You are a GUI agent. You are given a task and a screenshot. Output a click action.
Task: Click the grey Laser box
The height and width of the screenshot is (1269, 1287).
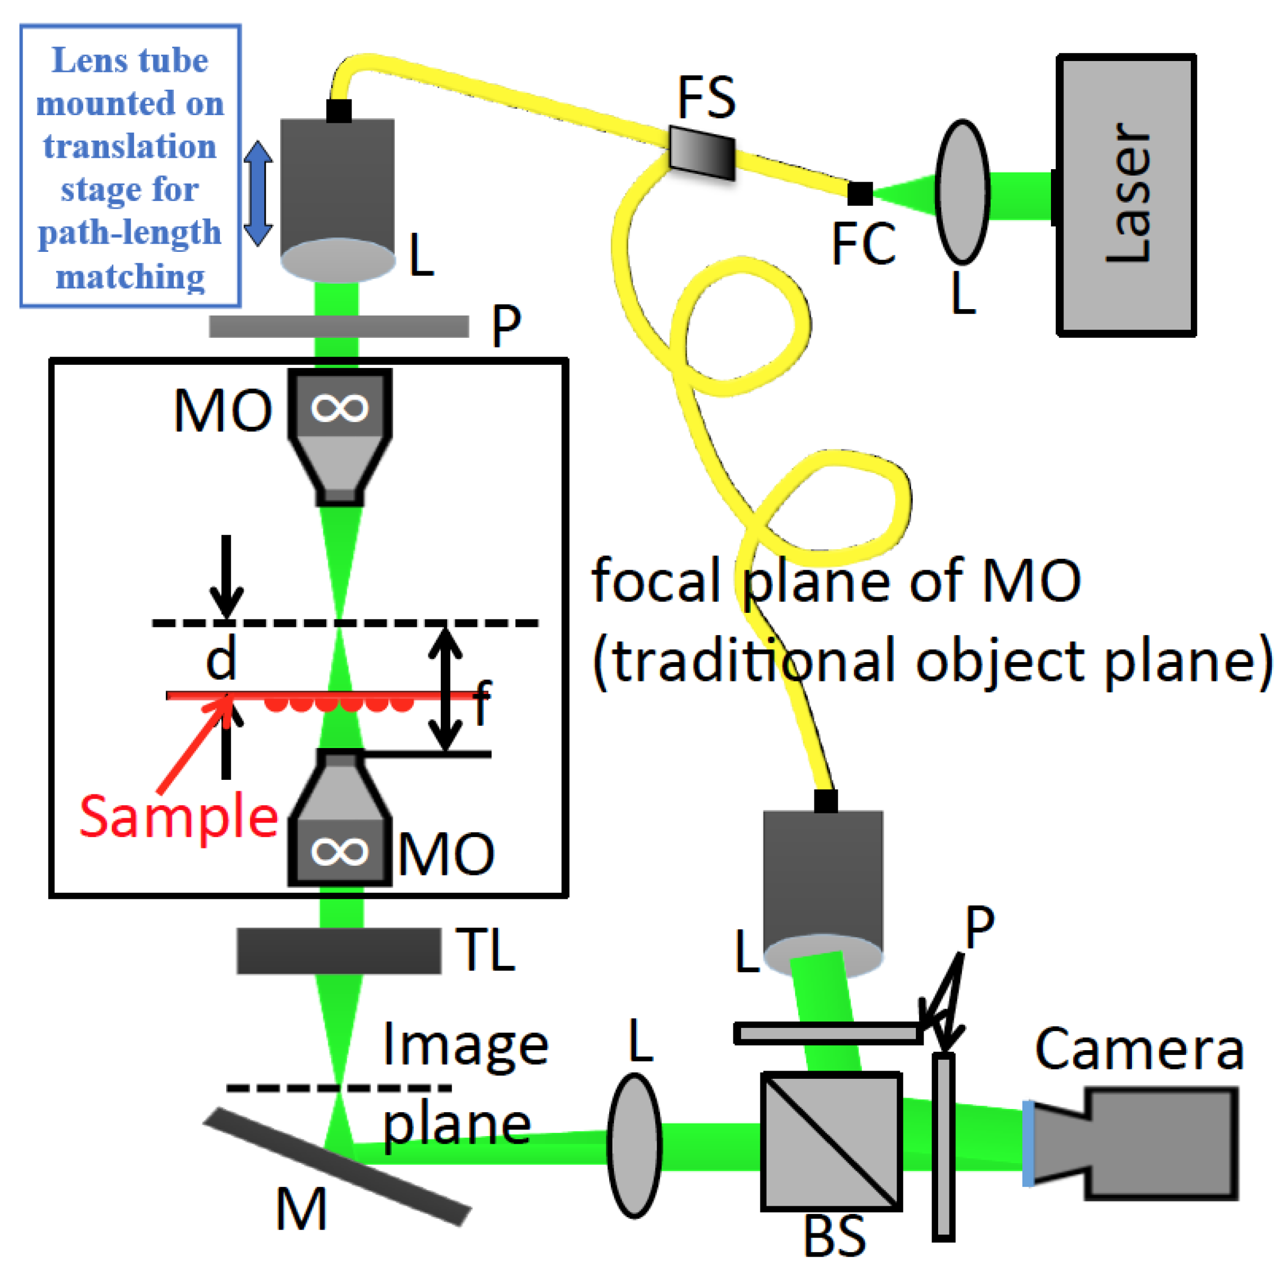[x=1126, y=195]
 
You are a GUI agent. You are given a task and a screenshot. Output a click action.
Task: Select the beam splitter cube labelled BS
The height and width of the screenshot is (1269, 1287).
[x=831, y=1141]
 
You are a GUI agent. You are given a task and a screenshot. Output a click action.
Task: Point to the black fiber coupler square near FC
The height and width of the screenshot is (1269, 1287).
[x=860, y=194]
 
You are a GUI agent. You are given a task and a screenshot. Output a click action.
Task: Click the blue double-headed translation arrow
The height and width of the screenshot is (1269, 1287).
[x=258, y=193]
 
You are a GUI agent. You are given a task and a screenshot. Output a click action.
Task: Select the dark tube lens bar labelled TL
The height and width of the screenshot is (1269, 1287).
[x=339, y=951]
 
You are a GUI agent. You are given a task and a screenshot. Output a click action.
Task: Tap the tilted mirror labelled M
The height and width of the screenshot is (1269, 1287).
[x=337, y=1166]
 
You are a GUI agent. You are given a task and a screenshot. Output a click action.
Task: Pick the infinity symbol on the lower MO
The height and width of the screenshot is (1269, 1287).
[x=340, y=851]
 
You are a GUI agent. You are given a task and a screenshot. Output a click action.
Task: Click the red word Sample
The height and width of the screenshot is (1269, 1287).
[x=179, y=817]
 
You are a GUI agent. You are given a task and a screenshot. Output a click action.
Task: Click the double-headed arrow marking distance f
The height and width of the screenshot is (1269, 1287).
[x=445, y=689]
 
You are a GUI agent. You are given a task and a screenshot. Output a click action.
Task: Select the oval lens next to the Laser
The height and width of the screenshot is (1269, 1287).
[x=962, y=192]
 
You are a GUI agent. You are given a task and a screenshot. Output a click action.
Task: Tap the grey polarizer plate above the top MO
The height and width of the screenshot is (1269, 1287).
[x=339, y=326]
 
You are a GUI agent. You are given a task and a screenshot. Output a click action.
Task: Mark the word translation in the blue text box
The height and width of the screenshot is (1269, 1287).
[x=130, y=146]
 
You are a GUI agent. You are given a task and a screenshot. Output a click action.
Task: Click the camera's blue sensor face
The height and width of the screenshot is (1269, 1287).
[x=1028, y=1144]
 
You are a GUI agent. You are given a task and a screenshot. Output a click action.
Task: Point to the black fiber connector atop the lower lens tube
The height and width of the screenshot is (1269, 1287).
[x=826, y=801]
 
